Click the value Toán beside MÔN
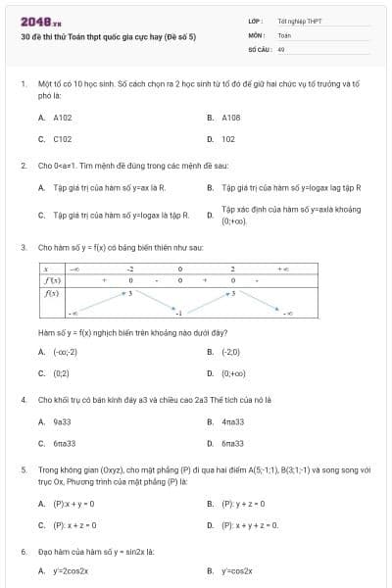[x=284, y=34]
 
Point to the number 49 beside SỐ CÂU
[x=281, y=47]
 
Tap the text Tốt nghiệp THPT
[x=299, y=21]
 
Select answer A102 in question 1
[x=63, y=117]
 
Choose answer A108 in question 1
[x=231, y=117]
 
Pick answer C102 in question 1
[x=63, y=139]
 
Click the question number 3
[x=23, y=247]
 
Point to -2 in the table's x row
[x=129, y=268]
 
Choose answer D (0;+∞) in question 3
[x=234, y=373]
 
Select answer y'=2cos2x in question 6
[x=71, y=570]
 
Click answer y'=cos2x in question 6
[x=238, y=570]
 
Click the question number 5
[x=23, y=469]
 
